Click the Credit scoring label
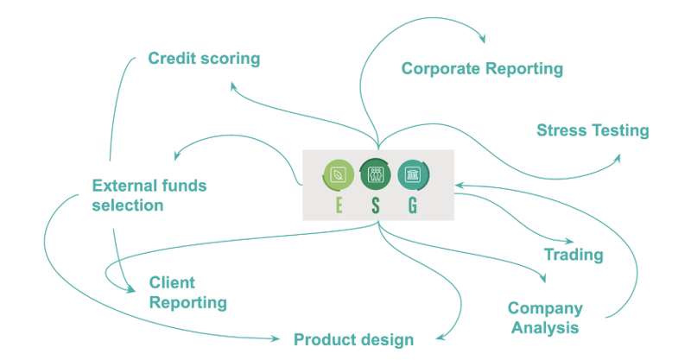204,59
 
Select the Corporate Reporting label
482,68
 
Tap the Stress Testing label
592,131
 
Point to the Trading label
573,255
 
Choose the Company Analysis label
545,318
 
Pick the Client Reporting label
187,293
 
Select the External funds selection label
149,195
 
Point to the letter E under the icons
338,205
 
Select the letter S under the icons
376,205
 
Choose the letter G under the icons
413,205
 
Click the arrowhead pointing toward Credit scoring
233,85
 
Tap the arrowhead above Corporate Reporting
481,39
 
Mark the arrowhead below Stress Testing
617,158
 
